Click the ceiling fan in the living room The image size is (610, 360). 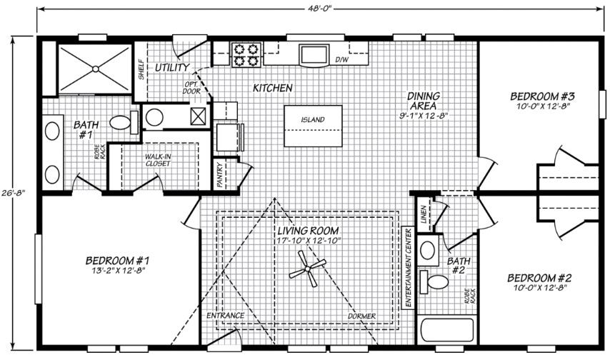tap(307, 269)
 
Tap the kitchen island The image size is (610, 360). tap(313, 126)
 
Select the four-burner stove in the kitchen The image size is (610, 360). tap(246, 55)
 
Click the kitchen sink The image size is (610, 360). tap(314, 54)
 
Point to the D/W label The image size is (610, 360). tap(342, 59)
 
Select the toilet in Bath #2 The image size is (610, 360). tap(434, 281)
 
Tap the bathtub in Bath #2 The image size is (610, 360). tap(447, 331)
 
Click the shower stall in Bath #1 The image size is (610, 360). tap(95, 69)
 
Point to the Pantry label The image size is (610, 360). tap(220, 175)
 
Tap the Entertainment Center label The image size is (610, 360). tap(408, 268)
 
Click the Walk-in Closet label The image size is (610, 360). tap(159, 160)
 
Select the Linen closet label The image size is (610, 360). tap(424, 214)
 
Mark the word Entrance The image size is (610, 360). tap(225, 315)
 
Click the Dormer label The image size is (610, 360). tap(362, 316)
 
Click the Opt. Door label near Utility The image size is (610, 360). tap(192, 88)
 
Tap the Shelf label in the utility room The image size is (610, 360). tap(141, 69)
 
